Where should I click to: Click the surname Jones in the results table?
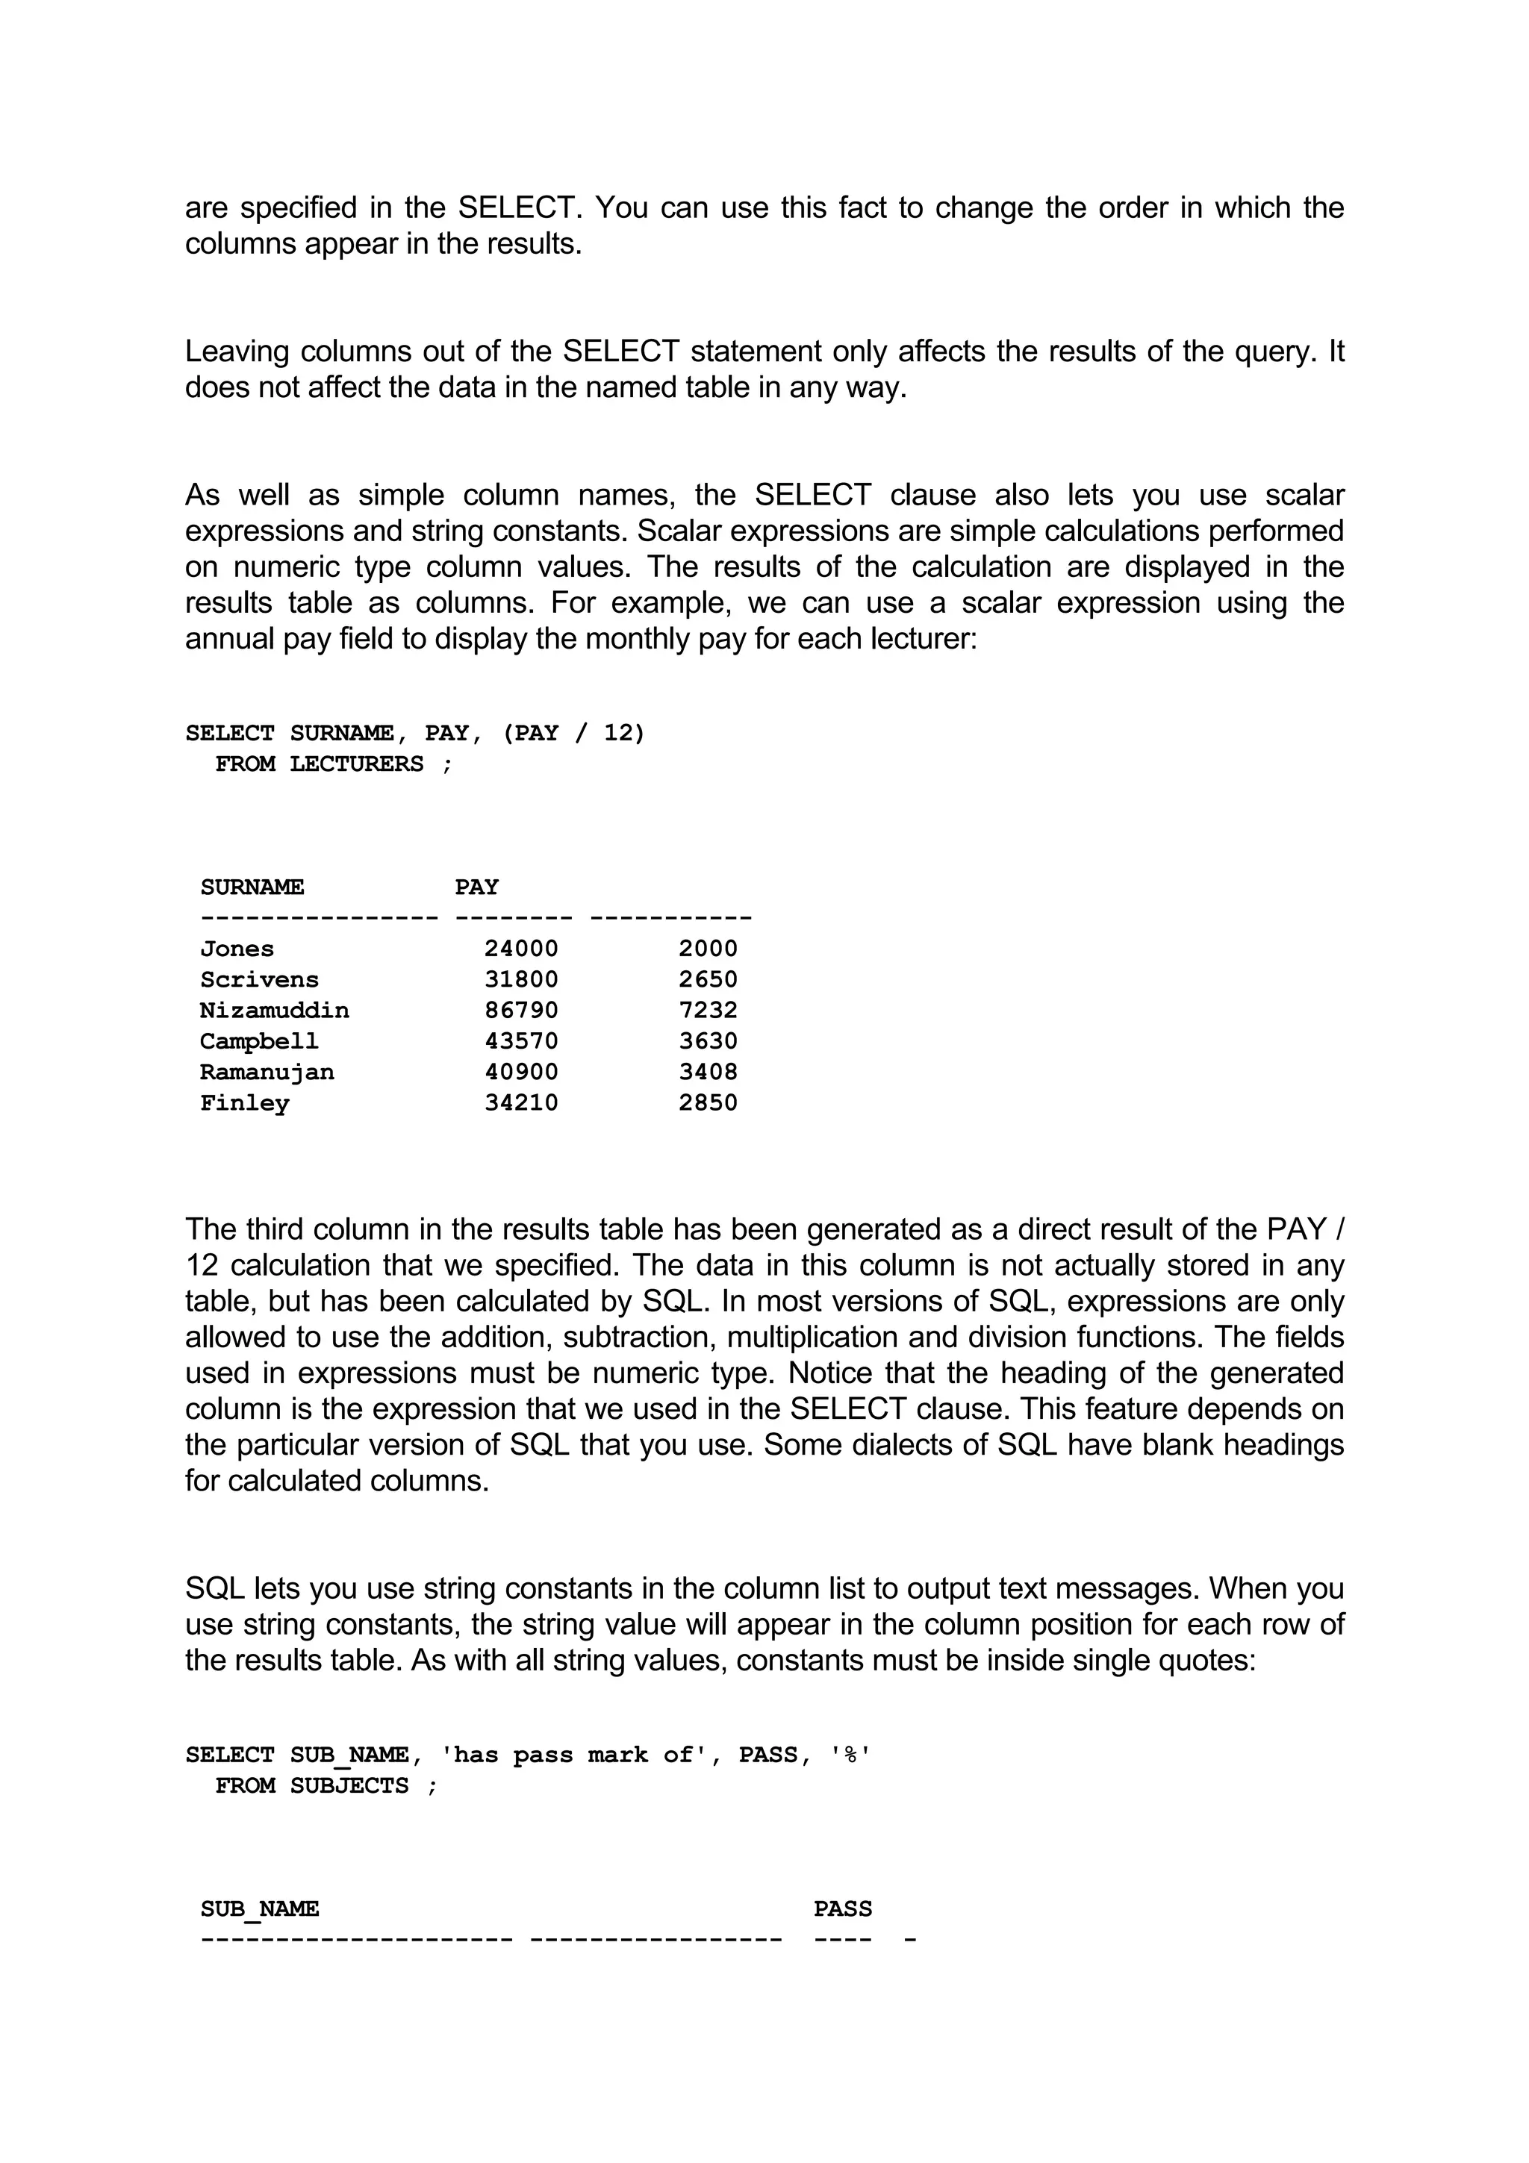237,949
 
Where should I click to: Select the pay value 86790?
521,1010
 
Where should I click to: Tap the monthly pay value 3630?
708,1041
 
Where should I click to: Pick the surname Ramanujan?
267,1072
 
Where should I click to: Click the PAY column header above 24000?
477,887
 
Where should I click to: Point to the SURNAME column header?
252,887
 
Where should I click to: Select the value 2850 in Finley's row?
708,1102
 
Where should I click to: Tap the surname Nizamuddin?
274,1010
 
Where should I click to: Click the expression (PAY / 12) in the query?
573,733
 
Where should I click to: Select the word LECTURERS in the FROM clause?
356,764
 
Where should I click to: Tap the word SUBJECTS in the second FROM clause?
349,1786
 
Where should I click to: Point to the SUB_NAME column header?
259,1908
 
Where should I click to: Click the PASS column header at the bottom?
842,1908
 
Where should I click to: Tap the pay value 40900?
521,1072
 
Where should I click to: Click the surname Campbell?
259,1041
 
